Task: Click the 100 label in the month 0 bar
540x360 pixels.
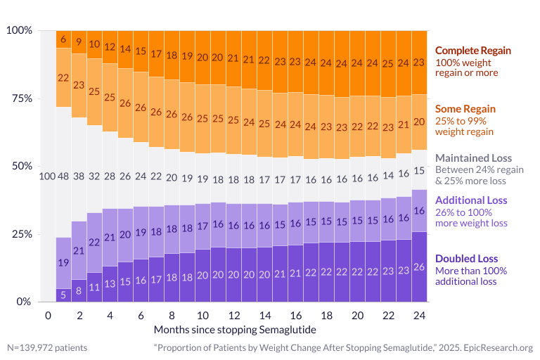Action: [47, 176]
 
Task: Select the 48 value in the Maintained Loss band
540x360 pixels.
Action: [63, 176]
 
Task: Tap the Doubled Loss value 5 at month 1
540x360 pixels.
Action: [63, 295]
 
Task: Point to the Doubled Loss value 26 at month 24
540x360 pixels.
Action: [419, 266]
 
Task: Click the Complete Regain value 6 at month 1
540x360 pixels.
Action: [63, 39]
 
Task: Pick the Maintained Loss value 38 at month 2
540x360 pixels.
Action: [79, 176]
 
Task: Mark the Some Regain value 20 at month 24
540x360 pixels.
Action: [419, 122]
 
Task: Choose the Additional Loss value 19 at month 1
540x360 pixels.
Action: [63, 263]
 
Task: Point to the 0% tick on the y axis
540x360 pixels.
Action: [23, 302]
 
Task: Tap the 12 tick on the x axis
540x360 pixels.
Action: [233, 316]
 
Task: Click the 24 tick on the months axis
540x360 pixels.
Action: [419, 316]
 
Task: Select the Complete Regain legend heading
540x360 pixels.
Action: [472, 51]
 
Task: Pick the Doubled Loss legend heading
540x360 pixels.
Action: [468, 258]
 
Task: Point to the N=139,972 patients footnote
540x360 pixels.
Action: [48, 347]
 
